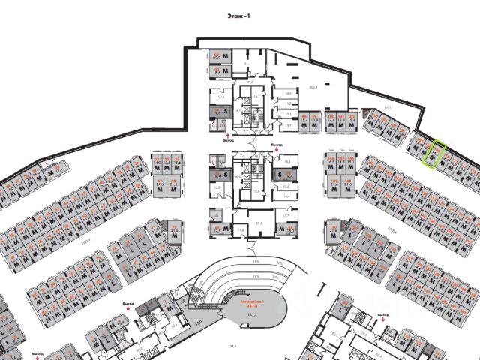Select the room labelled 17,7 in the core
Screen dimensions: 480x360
[286, 215]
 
